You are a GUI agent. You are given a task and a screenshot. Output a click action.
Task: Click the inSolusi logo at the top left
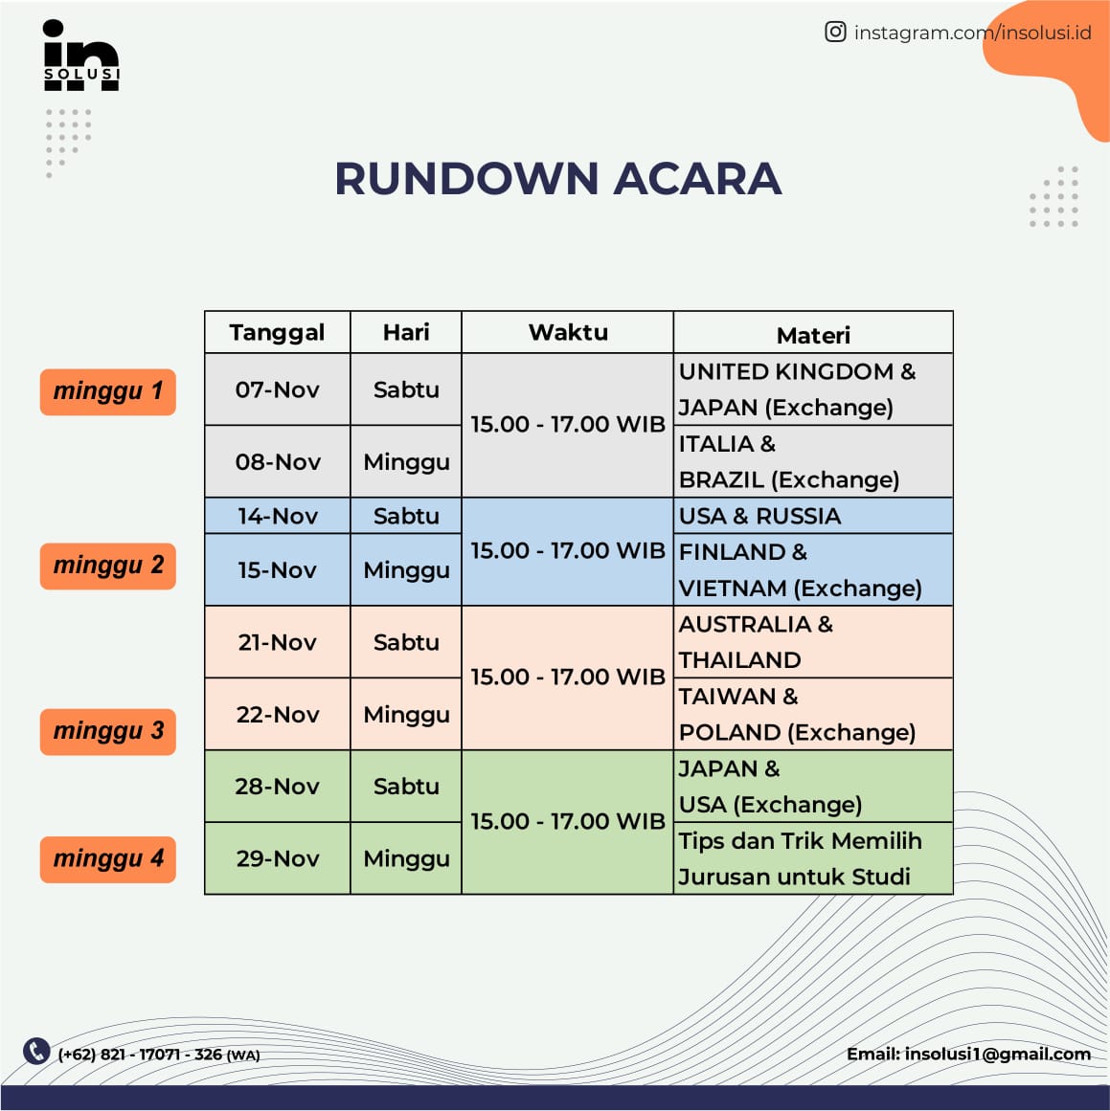[81, 56]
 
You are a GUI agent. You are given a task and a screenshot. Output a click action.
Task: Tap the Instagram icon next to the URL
[835, 33]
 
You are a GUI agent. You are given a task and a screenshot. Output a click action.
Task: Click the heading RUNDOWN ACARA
[557, 179]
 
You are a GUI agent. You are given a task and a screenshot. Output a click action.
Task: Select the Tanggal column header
[277, 332]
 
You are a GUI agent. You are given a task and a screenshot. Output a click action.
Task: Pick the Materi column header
[813, 334]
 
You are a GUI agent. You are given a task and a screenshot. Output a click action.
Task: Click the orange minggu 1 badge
[108, 391]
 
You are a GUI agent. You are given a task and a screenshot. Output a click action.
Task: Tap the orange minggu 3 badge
[108, 731]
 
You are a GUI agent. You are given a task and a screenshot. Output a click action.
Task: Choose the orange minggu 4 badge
[108, 858]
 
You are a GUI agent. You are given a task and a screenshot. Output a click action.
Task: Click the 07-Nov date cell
[277, 389]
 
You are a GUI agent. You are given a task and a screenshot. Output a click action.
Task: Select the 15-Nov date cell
[277, 570]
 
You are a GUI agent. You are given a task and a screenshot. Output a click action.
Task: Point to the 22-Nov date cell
[277, 715]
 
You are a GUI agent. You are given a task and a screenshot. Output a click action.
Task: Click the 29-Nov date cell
[277, 858]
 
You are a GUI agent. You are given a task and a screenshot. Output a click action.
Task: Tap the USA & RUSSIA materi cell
[813, 516]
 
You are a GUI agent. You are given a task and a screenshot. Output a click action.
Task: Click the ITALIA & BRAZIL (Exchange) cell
[813, 461]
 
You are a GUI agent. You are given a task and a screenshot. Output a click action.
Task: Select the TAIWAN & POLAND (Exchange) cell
[813, 715]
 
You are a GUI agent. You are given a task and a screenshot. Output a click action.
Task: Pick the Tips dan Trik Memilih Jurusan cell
[813, 858]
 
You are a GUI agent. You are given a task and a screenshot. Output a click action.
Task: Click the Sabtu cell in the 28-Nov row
[406, 787]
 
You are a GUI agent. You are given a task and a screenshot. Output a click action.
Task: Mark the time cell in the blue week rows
[568, 551]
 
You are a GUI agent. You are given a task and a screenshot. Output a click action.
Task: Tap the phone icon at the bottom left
[36, 1051]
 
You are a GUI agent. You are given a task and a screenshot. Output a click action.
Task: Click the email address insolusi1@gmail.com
[996, 1054]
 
